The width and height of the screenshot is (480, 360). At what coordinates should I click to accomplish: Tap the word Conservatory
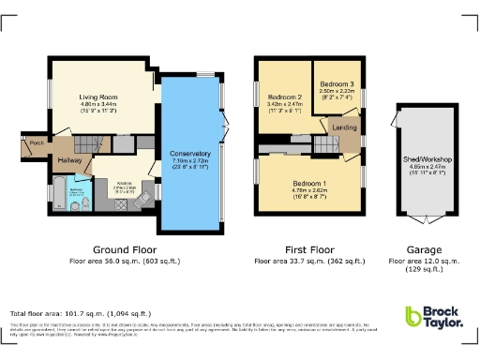(190, 153)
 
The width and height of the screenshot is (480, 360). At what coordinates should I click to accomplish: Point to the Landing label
(343, 127)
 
